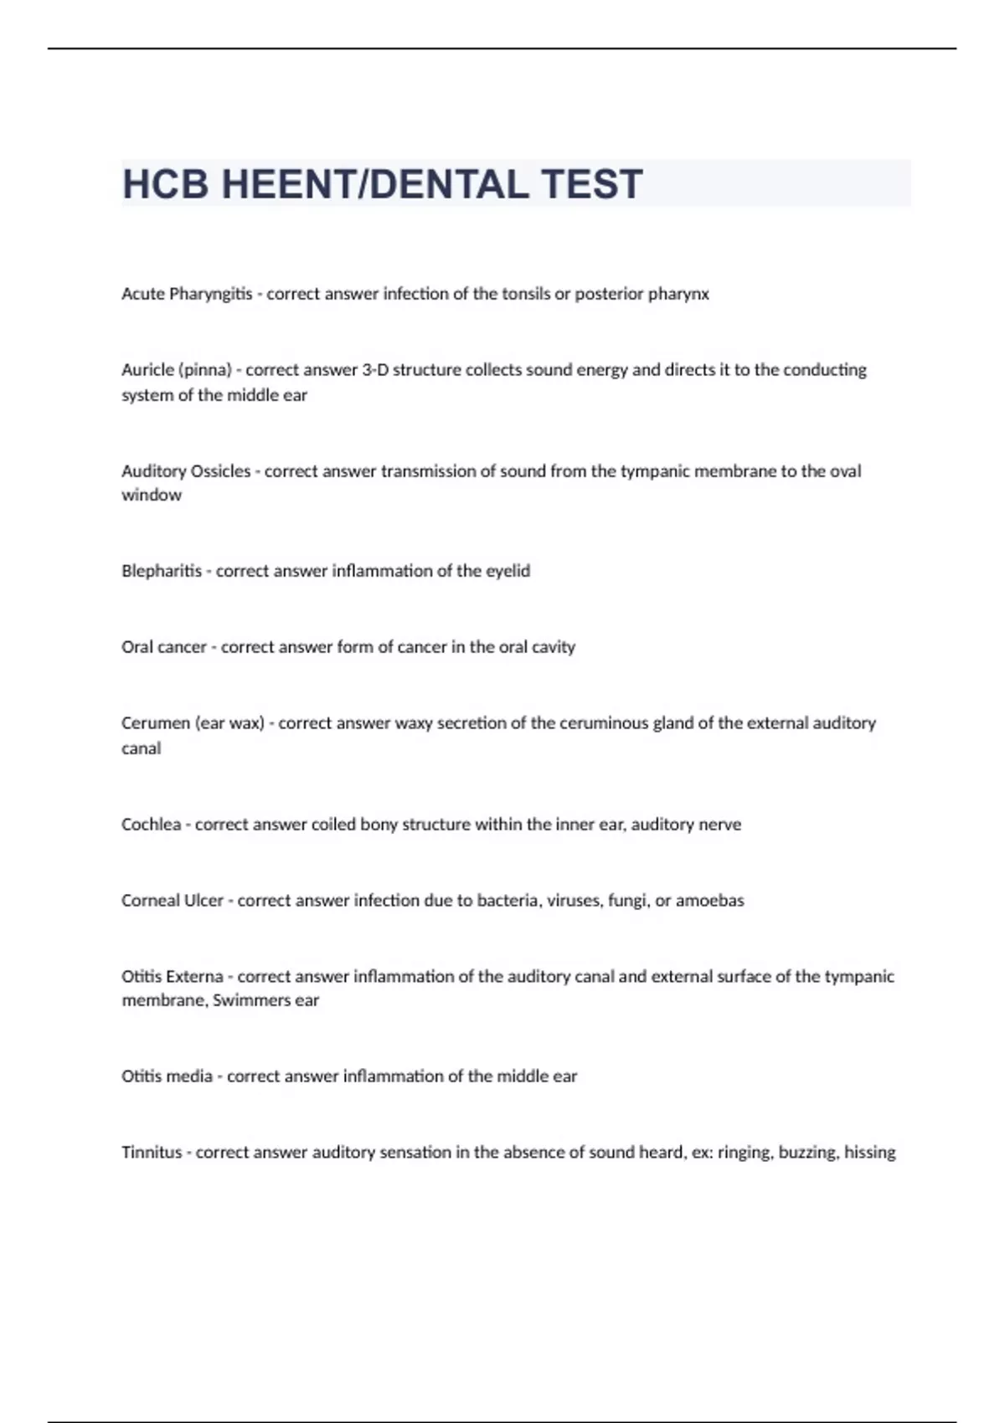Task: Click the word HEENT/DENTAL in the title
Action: click(x=374, y=184)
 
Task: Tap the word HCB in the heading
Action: click(x=165, y=184)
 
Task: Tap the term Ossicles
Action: click(x=221, y=471)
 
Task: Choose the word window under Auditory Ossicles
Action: click(x=152, y=495)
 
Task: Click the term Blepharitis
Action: click(x=162, y=571)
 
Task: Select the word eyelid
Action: click(x=508, y=571)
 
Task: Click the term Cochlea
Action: click(x=151, y=825)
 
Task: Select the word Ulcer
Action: click(x=204, y=901)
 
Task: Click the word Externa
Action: click(x=195, y=977)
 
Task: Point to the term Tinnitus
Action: click(x=152, y=1153)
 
